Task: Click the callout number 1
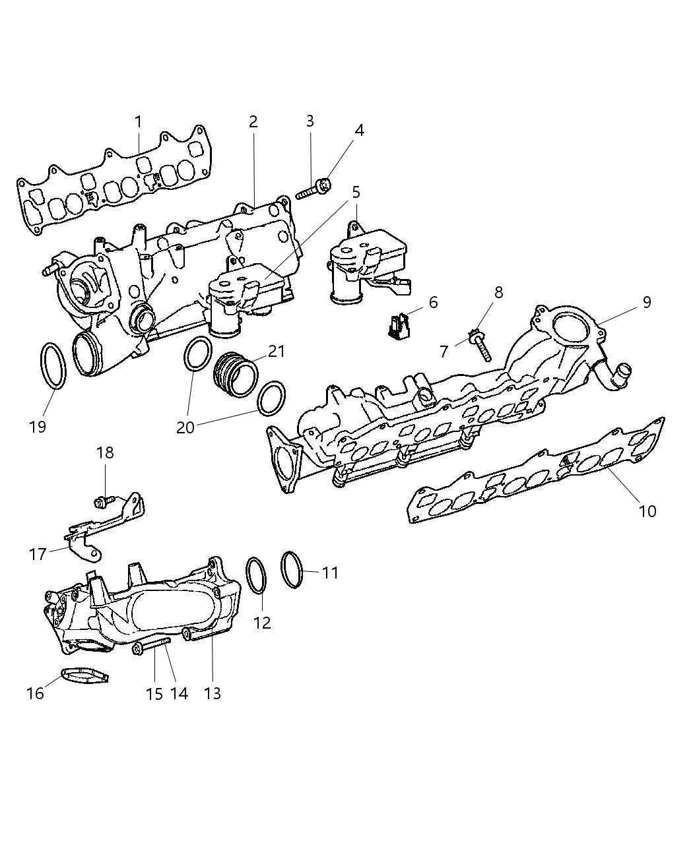click(138, 122)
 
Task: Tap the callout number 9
click(646, 302)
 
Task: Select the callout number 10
click(647, 511)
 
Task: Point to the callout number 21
click(277, 351)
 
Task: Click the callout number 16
click(35, 693)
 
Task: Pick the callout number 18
click(105, 452)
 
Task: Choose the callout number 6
click(433, 302)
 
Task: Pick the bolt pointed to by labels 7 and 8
click(479, 344)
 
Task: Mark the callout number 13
click(213, 693)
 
